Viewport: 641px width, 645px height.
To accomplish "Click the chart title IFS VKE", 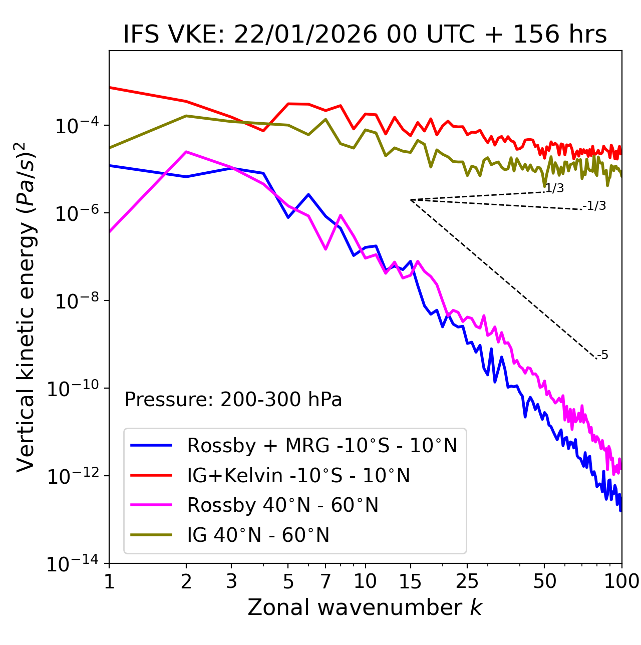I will click(x=365, y=35).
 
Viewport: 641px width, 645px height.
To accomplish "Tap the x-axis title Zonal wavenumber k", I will click(x=365, y=607).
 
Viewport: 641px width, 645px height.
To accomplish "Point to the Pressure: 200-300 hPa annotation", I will click(x=233, y=400).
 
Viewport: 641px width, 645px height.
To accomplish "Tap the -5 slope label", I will click(x=603, y=356).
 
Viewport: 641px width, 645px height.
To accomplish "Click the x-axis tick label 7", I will click(x=326, y=581).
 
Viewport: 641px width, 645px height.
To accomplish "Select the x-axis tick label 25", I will click(x=467, y=581).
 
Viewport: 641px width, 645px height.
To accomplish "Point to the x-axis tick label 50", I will click(x=544, y=581).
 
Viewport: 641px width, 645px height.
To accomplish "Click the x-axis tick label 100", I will click(x=621, y=581).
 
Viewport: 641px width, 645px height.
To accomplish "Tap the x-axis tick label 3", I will click(x=231, y=581).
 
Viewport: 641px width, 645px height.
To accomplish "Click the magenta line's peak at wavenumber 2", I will click(x=186, y=152).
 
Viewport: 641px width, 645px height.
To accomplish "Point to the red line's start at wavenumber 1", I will click(x=110, y=88).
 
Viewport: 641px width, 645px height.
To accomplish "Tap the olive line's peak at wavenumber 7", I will click(x=326, y=119).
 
